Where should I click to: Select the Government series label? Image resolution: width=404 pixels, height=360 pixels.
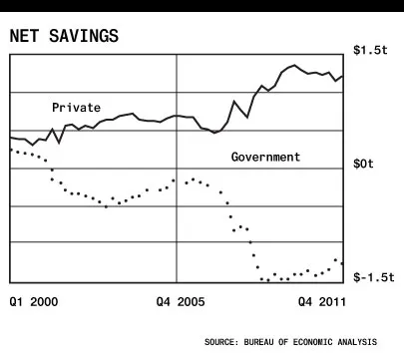pyautogui.click(x=265, y=157)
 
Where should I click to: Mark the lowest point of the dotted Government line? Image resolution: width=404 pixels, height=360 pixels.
pyautogui.click(x=267, y=280)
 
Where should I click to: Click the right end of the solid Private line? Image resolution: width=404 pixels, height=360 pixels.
pyautogui.click(x=343, y=76)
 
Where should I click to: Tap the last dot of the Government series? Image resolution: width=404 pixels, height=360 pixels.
pyautogui.click(x=342, y=263)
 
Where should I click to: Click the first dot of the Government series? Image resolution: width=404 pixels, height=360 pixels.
pyautogui.click(x=11, y=150)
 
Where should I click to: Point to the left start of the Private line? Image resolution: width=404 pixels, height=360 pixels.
pyautogui.click(x=11, y=138)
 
